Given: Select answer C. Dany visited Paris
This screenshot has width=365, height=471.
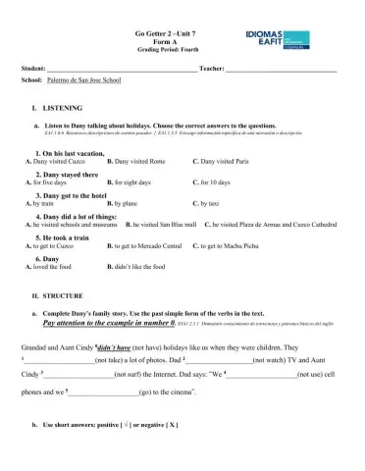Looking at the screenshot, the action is click(x=225, y=161).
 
